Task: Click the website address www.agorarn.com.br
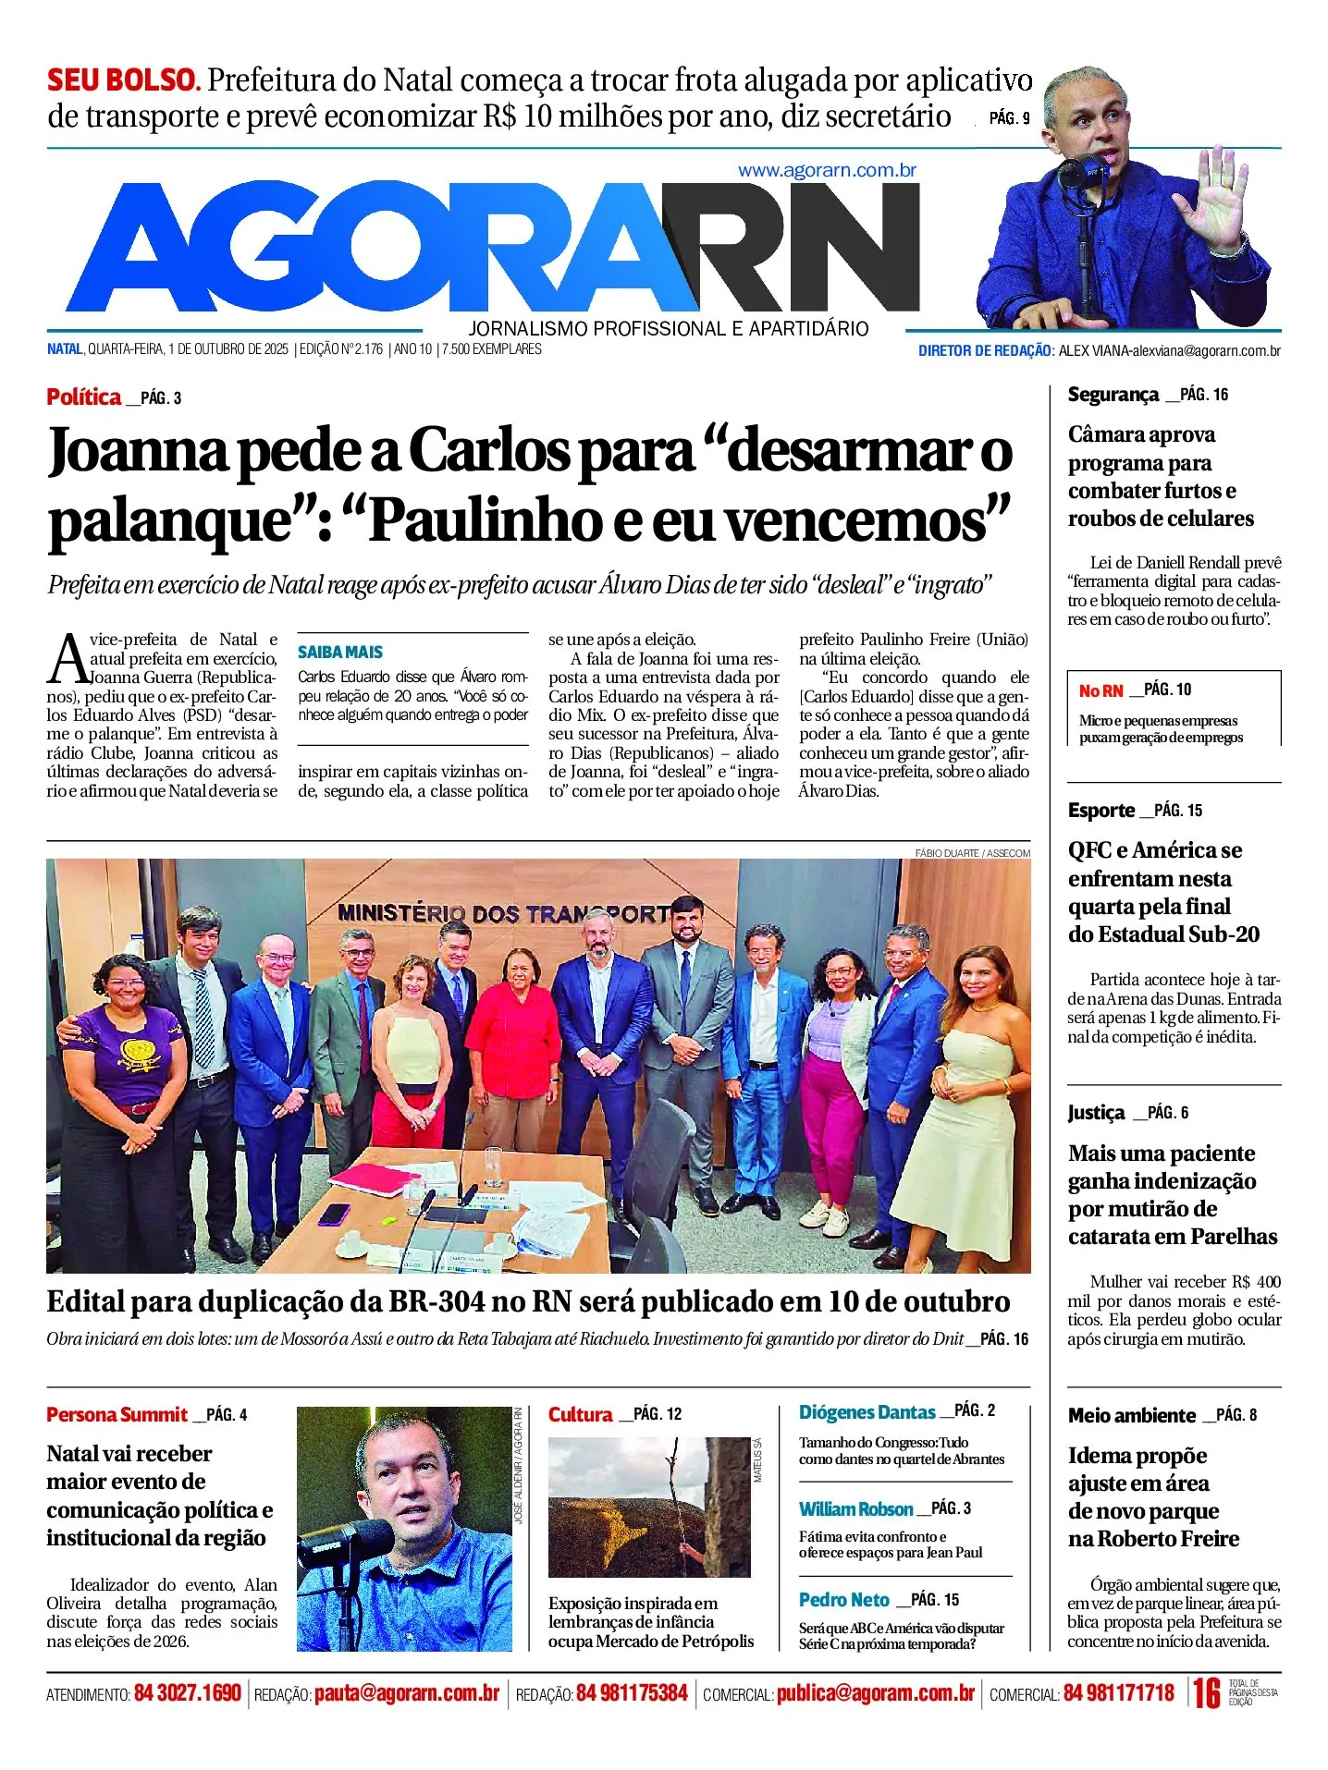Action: click(x=827, y=171)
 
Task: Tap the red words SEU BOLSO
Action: click(x=123, y=80)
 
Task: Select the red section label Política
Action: click(x=84, y=397)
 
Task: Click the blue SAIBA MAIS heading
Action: click(x=339, y=653)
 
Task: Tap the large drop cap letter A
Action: click(x=68, y=660)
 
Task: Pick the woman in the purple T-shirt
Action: click(x=125, y=1054)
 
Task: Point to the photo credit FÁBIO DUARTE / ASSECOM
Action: click(x=972, y=853)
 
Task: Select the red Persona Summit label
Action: click(x=117, y=1415)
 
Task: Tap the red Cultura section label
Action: click(x=580, y=1415)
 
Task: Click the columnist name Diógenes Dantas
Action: click(x=867, y=1412)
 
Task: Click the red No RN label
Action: click(x=1101, y=690)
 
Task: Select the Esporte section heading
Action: click(x=1101, y=811)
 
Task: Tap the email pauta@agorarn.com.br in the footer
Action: click(x=406, y=1693)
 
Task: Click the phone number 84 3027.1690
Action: click(x=187, y=1693)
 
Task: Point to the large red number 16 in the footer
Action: click(x=1206, y=1693)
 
